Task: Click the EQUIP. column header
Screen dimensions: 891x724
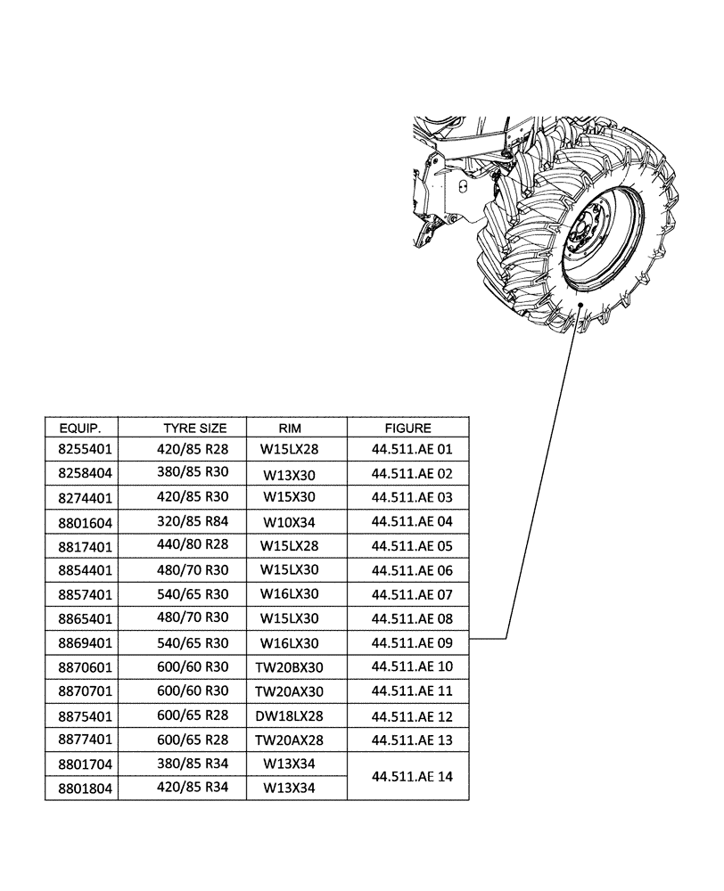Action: (x=79, y=428)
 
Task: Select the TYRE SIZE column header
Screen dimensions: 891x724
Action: (x=194, y=428)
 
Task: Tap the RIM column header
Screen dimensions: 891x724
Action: (x=290, y=428)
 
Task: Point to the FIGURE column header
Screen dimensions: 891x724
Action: (x=407, y=428)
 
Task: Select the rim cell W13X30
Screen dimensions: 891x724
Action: (x=290, y=475)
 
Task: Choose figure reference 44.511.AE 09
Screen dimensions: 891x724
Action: (x=412, y=642)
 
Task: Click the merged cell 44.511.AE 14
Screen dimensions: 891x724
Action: (x=412, y=776)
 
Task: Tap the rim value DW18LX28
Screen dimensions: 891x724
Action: (x=290, y=716)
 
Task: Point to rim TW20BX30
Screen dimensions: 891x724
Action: (x=290, y=666)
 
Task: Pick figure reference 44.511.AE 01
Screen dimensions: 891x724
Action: (x=412, y=450)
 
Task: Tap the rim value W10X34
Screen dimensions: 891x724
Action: (x=290, y=523)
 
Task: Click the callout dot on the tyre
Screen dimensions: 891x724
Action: (x=580, y=305)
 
